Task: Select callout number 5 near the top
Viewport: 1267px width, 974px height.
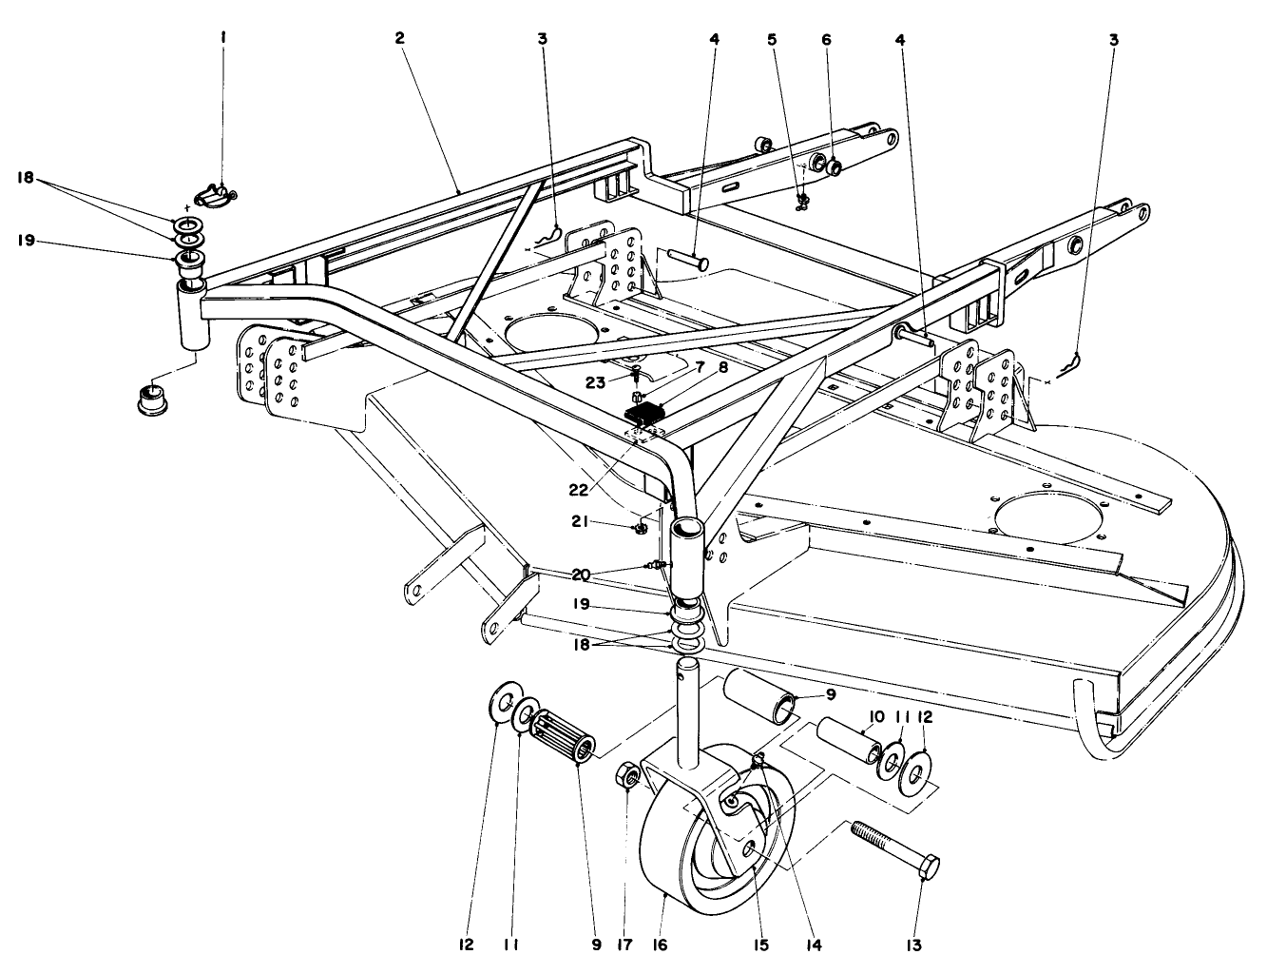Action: point(772,40)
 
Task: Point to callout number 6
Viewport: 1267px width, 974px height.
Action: point(825,40)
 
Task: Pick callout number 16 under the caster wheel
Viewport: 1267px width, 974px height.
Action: point(660,945)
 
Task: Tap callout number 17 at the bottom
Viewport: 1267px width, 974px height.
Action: point(624,945)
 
